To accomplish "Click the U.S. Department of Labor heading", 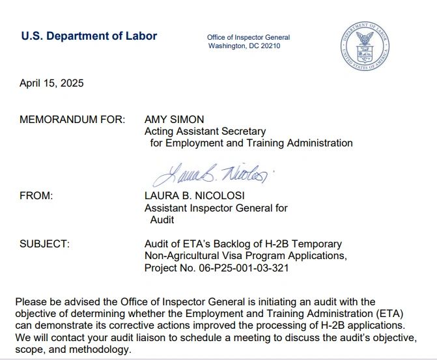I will (x=89, y=36).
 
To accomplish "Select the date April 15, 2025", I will (x=51, y=83).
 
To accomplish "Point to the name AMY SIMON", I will (x=174, y=119).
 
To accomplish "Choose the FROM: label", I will (x=36, y=195).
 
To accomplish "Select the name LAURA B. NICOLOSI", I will (x=195, y=195).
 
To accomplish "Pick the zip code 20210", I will (x=270, y=46).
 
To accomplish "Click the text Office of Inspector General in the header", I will (x=248, y=38).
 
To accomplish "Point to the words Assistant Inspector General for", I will (x=216, y=208).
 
